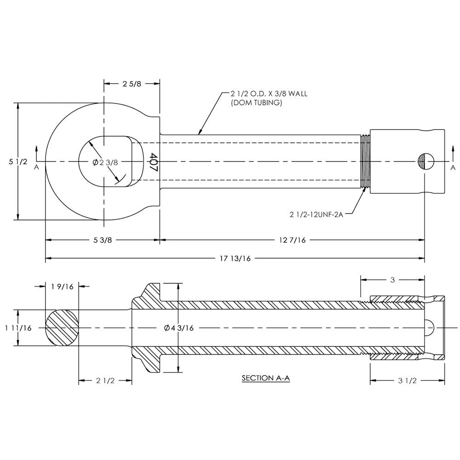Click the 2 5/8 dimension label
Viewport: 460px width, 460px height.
coord(132,84)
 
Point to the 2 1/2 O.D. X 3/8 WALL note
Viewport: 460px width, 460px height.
coord(269,93)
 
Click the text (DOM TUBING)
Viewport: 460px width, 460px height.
coord(256,103)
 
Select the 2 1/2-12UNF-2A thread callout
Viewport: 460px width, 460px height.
coord(317,214)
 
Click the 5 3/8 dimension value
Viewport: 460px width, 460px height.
coord(103,240)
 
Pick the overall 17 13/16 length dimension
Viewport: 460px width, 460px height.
coord(235,259)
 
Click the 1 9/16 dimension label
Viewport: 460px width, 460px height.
coord(63,286)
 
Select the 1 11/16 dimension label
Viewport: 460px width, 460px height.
coord(18,328)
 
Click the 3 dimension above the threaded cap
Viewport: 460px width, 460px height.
coord(392,279)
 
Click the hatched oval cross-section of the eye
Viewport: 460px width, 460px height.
coord(62,328)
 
